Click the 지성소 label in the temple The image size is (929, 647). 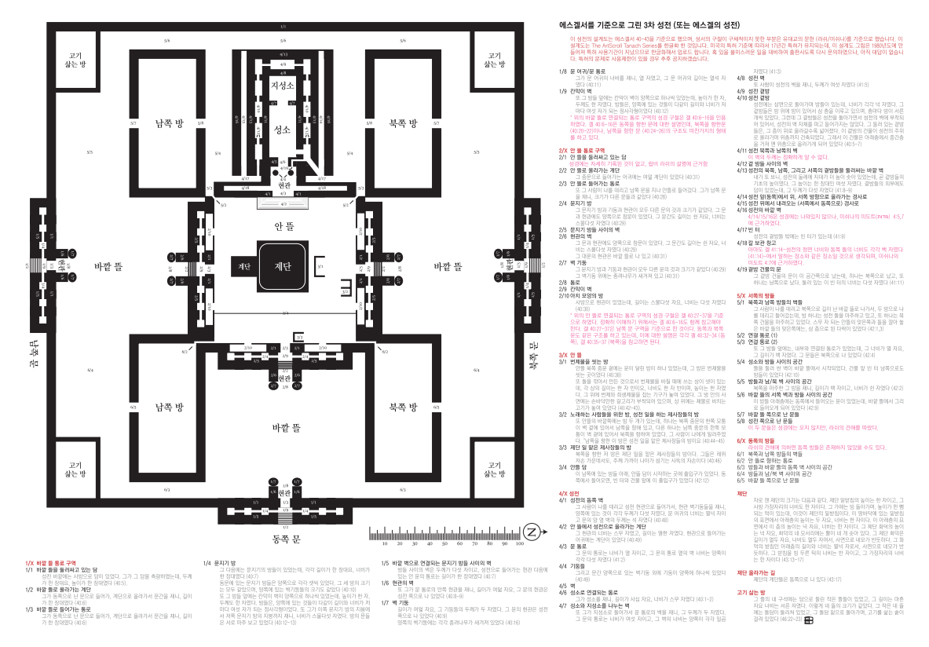coord(282,85)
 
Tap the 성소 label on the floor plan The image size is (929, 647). coord(282,130)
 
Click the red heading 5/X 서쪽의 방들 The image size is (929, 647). coord(755,294)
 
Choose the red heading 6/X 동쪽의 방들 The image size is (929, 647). coord(755,441)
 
